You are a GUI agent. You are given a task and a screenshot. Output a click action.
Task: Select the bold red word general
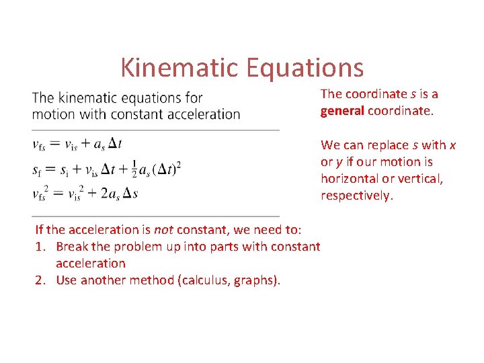(x=342, y=111)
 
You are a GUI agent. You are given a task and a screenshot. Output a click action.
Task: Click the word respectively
(x=356, y=196)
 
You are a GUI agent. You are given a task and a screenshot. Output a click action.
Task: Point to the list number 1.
(x=39, y=247)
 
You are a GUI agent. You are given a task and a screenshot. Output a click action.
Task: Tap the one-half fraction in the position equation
(x=133, y=169)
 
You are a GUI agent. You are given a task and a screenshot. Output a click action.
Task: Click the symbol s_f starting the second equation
(x=37, y=169)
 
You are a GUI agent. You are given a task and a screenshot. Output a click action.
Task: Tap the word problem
(x=139, y=247)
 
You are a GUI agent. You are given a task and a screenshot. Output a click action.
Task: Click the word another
(x=103, y=280)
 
